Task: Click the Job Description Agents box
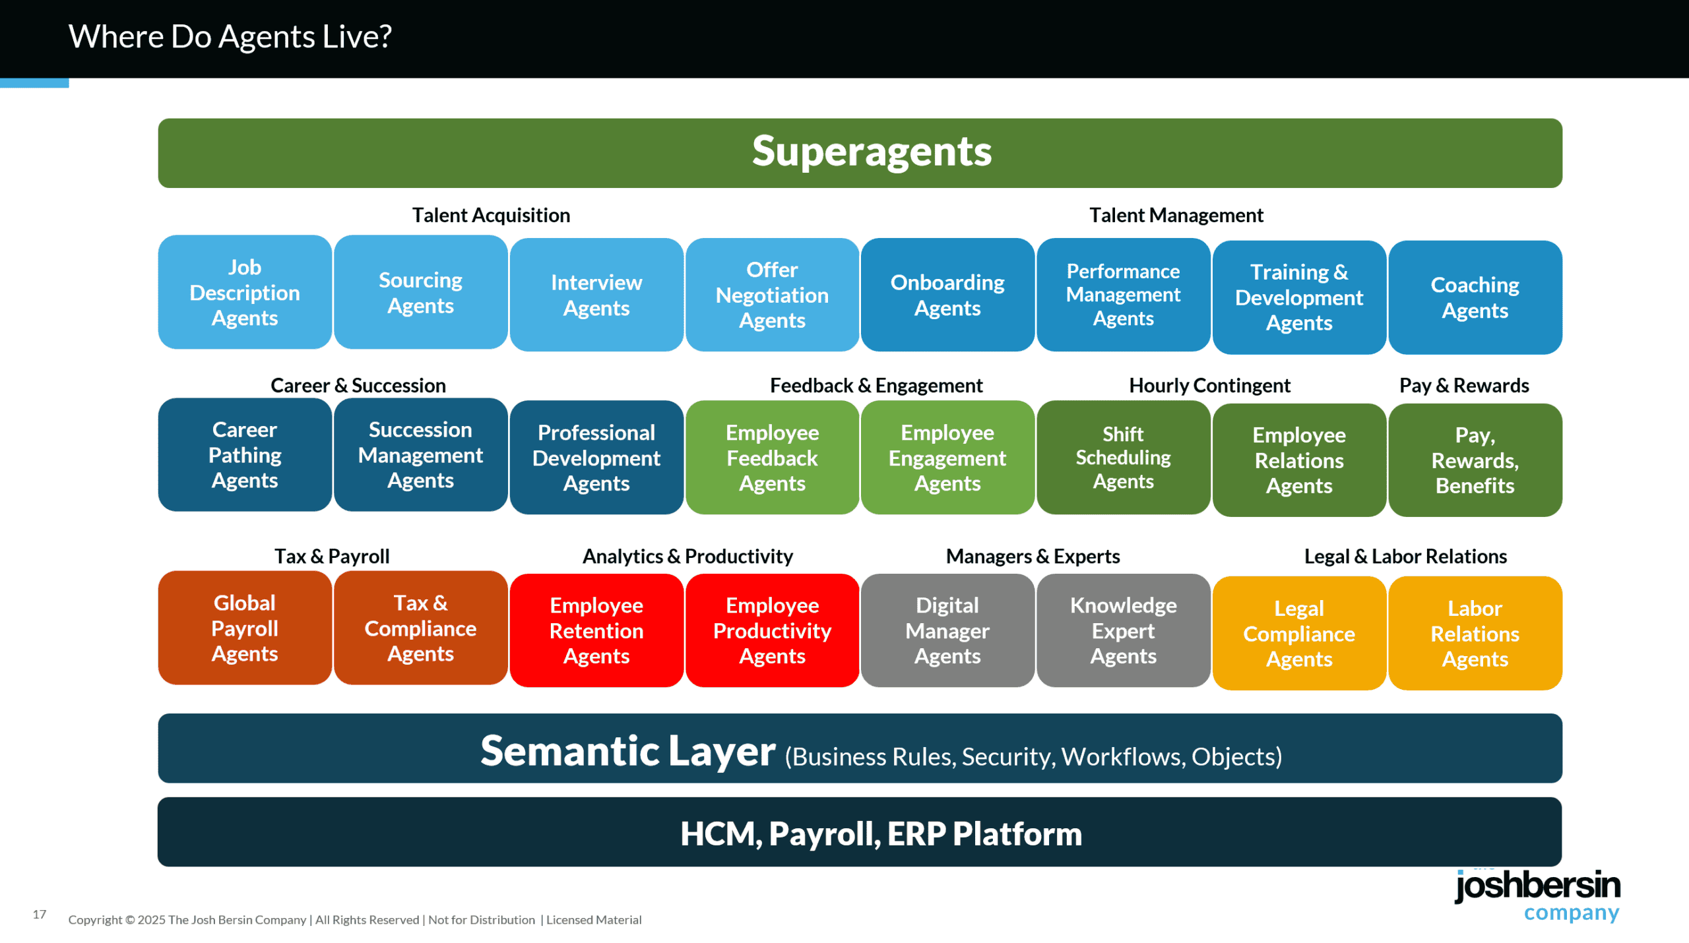[x=245, y=292]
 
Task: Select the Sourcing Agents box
[x=420, y=292]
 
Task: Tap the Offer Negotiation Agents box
[x=772, y=295]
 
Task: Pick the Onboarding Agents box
[x=947, y=295]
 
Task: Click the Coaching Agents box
[x=1475, y=297]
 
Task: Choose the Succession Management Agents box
[x=420, y=454]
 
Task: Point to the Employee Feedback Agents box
[x=772, y=457]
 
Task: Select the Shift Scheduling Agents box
[x=1123, y=457]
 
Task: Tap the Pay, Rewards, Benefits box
[x=1475, y=460]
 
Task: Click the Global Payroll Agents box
[x=245, y=628]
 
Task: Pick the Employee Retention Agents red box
[x=596, y=630]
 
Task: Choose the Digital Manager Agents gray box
[x=947, y=630]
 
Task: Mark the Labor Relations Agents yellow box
[x=1475, y=633]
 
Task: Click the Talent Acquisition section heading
[x=491, y=215]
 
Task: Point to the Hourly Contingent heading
[x=1209, y=385]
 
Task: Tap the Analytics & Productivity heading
[x=687, y=556]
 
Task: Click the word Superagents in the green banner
[x=872, y=152]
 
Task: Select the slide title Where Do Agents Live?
[x=230, y=36]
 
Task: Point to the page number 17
[x=40, y=914]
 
